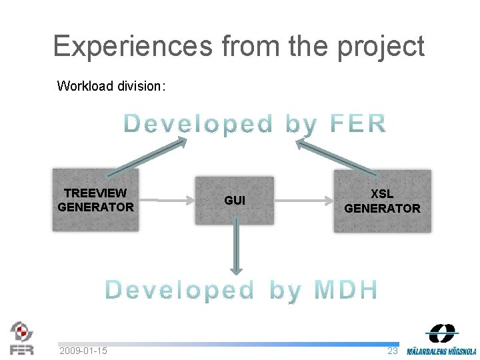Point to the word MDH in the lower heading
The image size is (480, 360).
pyautogui.click(x=346, y=290)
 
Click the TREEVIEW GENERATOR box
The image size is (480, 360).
pyautogui.click(x=96, y=200)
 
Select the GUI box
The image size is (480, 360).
pyautogui.click(x=235, y=200)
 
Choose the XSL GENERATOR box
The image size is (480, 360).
pyautogui.click(x=383, y=201)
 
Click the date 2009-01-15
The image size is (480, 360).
pyautogui.click(x=83, y=351)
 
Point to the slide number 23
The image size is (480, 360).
pyautogui.click(x=393, y=351)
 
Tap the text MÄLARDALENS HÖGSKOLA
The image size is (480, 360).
pyautogui.click(x=442, y=351)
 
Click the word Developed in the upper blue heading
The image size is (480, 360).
pyautogui.click(x=199, y=124)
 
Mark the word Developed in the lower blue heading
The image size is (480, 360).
pyautogui.click(x=180, y=290)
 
